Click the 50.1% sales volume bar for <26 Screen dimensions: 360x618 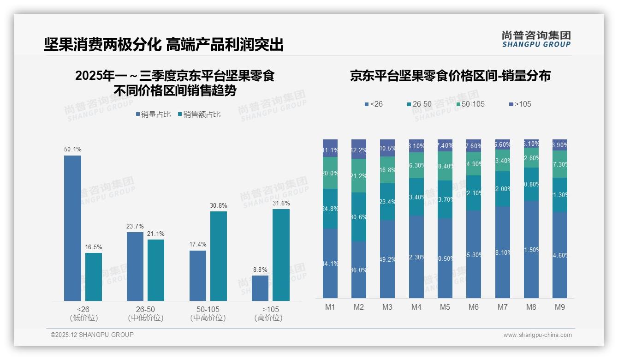pyautogui.click(x=72, y=228)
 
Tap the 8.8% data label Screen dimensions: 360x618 pyautogui.click(x=260, y=270)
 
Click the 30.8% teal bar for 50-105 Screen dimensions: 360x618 pyautogui.click(x=219, y=256)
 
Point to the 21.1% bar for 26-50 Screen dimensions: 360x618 pyautogui.click(x=156, y=270)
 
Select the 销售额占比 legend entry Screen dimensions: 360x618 pyautogui.click(x=199, y=114)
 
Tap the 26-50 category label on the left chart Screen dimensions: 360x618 pyautogui.click(x=146, y=309)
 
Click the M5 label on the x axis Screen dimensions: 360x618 pyautogui.click(x=445, y=307)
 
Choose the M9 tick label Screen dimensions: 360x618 pyautogui.click(x=559, y=307)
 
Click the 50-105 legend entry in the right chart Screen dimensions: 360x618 pyautogui.click(x=470, y=104)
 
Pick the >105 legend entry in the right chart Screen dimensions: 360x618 pyautogui.click(x=520, y=104)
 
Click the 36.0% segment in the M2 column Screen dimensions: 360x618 pyautogui.click(x=359, y=270)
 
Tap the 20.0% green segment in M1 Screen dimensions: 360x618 pyautogui.click(x=330, y=173)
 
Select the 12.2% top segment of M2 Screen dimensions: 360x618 pyautogui.click(x=359, y=149)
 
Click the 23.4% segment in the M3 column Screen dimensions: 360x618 pyautogui.click(x=387, y=202)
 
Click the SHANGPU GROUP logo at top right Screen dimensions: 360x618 pyautogui.click(x=536, y=39)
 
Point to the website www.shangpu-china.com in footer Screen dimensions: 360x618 pyautogui.click(x=537, y=335)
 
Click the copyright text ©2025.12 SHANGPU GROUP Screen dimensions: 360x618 pyautogui.click(x=92, y=335)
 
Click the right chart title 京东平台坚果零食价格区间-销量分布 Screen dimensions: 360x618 pyautogui.click(x=450, y=76)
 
